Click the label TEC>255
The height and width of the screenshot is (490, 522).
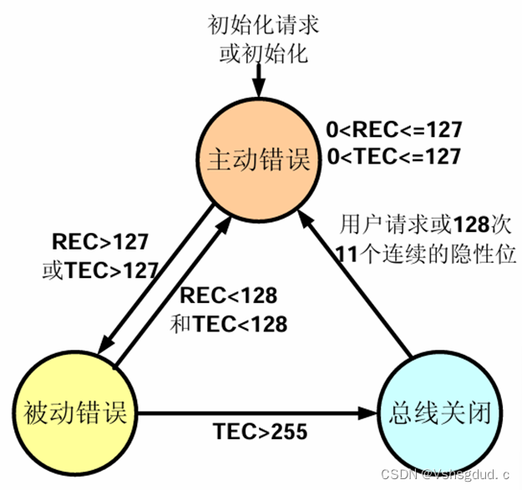[261, 432]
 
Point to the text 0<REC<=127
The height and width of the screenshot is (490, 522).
[393, 131]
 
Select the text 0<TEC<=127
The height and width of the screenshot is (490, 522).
[393, 155]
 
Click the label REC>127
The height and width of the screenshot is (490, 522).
[100, 243]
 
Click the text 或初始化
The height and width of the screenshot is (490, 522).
[259, 54]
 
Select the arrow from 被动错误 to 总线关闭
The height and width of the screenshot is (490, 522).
[251, 412]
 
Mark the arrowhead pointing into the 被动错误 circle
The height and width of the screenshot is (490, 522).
[106, 345]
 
